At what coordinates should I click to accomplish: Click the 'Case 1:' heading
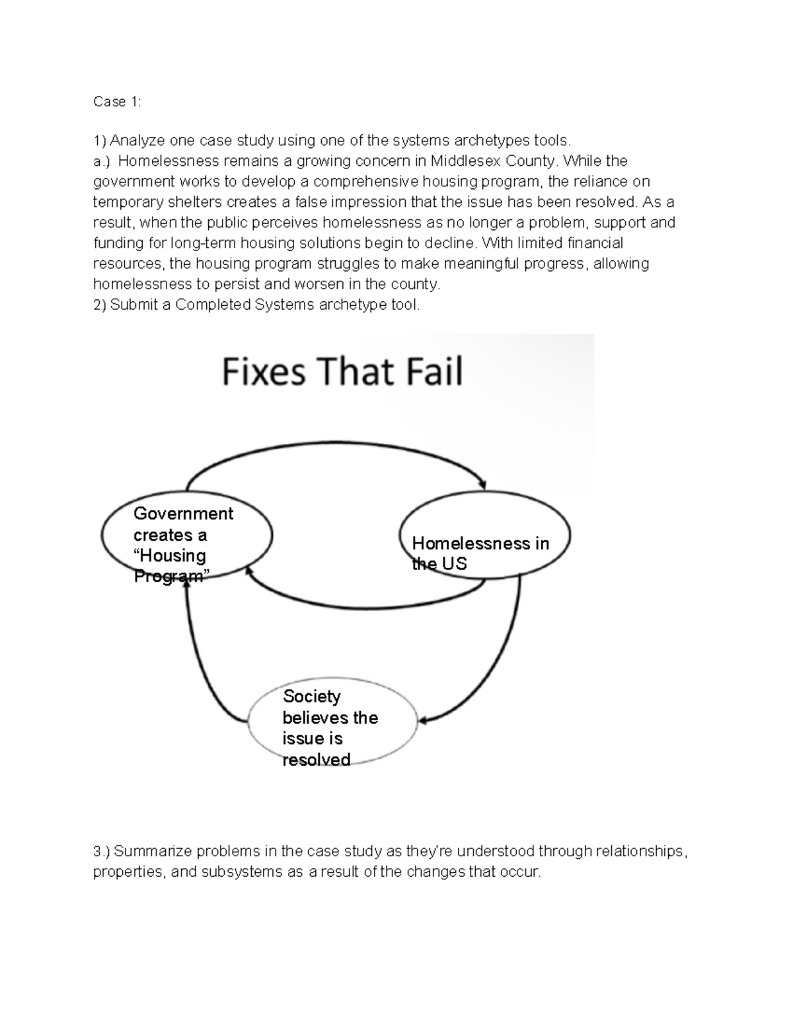click(x=117, y=101)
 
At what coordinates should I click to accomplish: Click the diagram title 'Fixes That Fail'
click(x=342, y=371)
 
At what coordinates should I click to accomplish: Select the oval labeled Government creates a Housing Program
click(x=187, y=534)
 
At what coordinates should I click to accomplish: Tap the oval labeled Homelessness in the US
click(x=484, y=534)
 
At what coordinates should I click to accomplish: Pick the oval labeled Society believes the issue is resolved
click(x=333, y=721)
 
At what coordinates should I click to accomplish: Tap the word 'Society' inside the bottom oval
click(x=311, y=696)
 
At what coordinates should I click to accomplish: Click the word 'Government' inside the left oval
click(x=183, y=513)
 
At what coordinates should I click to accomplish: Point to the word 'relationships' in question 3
click(x=640, y=851)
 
